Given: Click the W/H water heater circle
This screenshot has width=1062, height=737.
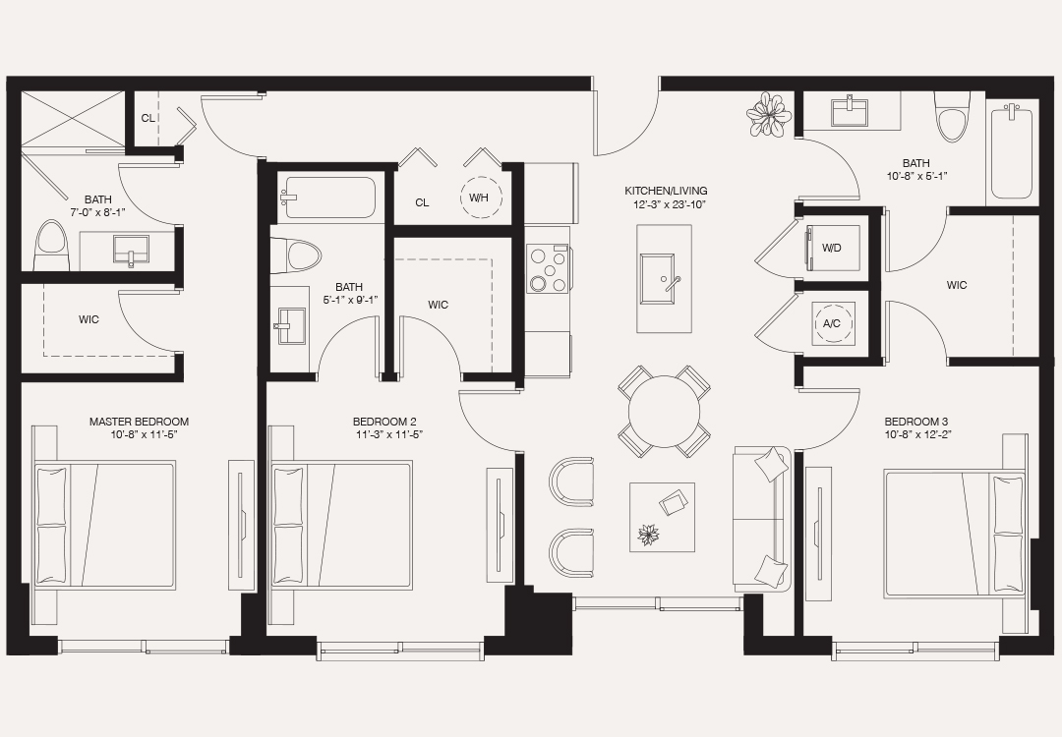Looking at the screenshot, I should point(480,197).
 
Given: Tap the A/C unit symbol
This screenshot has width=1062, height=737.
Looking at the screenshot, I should point(832,322).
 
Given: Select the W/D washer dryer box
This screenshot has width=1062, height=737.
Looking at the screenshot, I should point(832,247).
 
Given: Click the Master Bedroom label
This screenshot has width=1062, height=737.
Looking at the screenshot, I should point(139,422).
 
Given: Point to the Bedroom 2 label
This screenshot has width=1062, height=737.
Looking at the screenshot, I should point(383,422).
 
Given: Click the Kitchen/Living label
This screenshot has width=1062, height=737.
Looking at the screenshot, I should point(666,191).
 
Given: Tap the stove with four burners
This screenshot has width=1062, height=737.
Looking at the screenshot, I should point(548,268).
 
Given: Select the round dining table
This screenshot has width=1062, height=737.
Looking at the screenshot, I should point(665,411).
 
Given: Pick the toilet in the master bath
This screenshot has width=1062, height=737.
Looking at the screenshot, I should point(50,246).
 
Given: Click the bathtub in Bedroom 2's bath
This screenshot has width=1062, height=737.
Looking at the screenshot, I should point(328,197).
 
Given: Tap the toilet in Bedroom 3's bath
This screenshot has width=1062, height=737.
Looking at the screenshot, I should point(952,118).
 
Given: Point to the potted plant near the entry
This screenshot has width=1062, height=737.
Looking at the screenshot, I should point(769,115).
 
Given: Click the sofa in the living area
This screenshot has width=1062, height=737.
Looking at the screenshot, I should point(761,518).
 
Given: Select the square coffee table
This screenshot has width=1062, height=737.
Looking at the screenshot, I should point(662,517).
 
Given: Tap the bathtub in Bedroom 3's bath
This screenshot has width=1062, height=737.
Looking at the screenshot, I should point(1010,152).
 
